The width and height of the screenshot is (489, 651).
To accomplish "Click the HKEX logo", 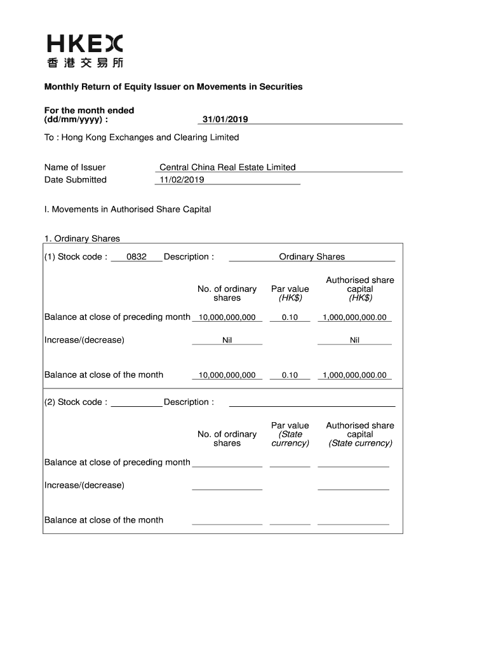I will tap(84, 51).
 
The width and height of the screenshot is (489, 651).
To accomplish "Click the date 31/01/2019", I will tap(225, 120).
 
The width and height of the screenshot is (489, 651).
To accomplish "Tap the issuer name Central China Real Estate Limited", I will tap(227, 168).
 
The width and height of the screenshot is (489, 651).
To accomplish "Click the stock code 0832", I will tap(137, 257).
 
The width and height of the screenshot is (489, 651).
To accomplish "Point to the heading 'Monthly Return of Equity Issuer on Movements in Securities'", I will tap(173, 86).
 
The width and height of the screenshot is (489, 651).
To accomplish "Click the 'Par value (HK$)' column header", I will tap(290, 293).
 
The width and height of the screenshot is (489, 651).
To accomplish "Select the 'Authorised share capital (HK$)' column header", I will tap(359, 289).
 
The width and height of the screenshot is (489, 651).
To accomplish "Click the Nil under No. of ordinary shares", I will tap(227, 340).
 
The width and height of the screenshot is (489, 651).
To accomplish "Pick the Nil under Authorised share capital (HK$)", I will tap(354, 340).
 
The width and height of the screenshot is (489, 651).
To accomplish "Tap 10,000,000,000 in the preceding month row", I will tap(227, 317).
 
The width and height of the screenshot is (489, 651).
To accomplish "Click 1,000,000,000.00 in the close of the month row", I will tap(354, 375).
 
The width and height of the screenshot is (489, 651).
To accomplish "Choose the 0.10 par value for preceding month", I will tap(290, 317).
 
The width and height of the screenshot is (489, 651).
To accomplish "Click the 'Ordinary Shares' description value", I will tap(312, 257).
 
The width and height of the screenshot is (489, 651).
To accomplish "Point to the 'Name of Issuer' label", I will tap(75, 168).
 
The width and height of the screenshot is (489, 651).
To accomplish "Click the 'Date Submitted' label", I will tap(76, 180).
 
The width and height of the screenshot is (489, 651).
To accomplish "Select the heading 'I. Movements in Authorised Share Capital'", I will tap(128, 209).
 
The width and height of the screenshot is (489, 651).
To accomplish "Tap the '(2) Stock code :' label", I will tap(76, 402).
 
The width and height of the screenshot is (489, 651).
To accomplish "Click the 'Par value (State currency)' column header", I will tap(290, 434).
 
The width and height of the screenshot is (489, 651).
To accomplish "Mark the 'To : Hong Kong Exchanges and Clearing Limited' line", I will tap(142, 137).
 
